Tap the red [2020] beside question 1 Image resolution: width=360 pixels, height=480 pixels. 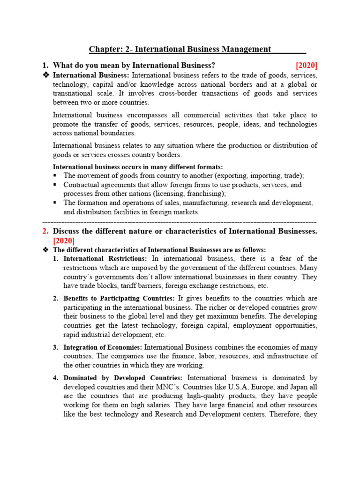[307, 65]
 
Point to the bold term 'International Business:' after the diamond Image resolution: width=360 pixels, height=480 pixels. [91, 75]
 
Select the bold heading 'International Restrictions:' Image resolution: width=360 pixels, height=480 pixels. [105, 258]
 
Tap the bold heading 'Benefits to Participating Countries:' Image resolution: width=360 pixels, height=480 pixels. [120, 298]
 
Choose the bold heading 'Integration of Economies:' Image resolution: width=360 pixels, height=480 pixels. [103, 347]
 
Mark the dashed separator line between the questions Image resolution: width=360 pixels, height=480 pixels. [180, 221]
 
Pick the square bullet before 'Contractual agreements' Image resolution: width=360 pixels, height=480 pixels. [55, 185]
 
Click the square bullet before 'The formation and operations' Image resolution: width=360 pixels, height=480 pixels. [55, 202]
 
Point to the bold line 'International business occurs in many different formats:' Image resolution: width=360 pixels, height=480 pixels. [138, 167]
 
